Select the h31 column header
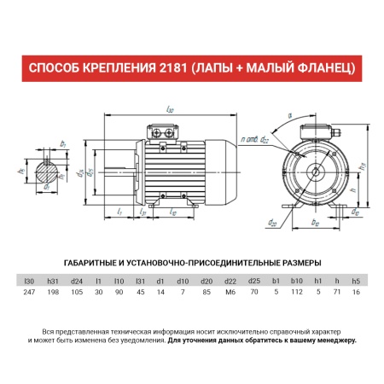[x=53, y=281]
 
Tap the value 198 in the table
[x=53, y=293]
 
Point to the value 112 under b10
[x=297, y=293]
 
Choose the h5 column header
[x=356, y=281]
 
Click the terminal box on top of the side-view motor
[x=163, y=132]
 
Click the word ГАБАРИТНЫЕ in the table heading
[x=95, y=264]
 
